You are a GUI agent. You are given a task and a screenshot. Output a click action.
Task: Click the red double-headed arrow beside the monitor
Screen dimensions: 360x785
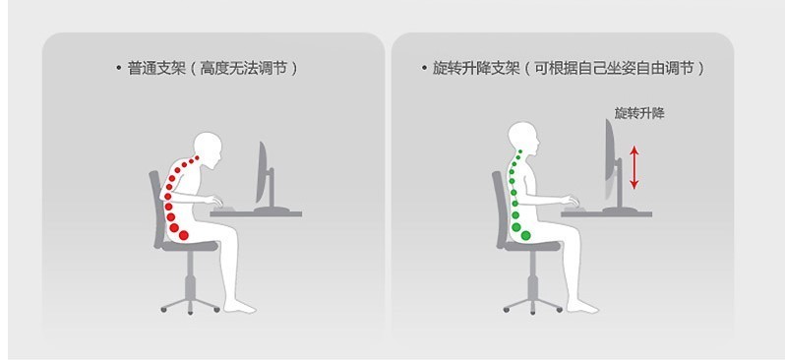634,165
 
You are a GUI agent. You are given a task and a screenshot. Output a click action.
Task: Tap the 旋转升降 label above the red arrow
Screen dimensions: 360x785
639,113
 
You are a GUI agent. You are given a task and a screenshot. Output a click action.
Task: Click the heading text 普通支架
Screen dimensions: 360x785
151,69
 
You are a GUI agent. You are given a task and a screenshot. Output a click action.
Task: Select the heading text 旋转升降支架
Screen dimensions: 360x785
473,69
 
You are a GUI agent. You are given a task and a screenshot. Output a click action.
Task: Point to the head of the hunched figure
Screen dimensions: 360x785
211,146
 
